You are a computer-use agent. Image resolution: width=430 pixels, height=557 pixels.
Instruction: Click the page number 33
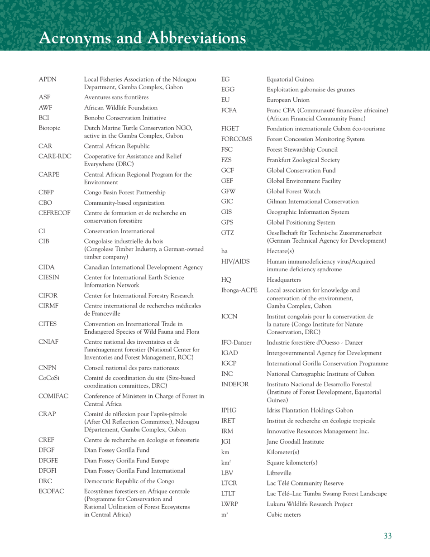pyautogui.click(x=387, y=536)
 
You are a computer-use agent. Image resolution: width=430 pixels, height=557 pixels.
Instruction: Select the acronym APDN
pyautogui.click(x=48, y=80)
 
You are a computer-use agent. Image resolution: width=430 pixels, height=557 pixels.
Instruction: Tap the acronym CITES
pyautogui.click(x=48, y=324)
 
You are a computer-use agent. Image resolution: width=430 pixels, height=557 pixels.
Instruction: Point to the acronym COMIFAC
pyautogui.click(x=53, y=396)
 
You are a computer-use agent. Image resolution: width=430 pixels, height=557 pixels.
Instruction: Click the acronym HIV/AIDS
pyautogui.click(x=235, y=261)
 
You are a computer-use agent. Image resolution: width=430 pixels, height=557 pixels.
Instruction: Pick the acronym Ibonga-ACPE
pyautogui.click(x=239, y=290)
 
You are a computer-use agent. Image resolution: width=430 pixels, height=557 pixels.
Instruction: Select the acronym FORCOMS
pyautogui.click(x=237, y=139)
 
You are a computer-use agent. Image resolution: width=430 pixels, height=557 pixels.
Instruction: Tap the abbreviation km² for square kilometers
pyautogui.click(x=226, y=462)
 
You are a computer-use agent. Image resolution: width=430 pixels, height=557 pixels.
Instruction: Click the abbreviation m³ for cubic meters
pyautogui.click(x=224, y=514)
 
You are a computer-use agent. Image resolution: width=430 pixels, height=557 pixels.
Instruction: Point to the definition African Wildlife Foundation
pyautogui.click(x=121, y=108)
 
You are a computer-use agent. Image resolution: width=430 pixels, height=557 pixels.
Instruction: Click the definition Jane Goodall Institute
pyautogui.click(x=295, y=442)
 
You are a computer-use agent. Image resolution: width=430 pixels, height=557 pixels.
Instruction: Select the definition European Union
pyautogui.click(x=288, y=100)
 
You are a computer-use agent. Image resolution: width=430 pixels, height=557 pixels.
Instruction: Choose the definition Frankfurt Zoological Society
pyautogui.click(x=303, y=160)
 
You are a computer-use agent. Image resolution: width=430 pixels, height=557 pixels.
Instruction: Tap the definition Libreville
pyautogui.click(x=282, y=473)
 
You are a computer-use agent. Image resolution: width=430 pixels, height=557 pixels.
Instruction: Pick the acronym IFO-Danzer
pyautogui.click(x=236, y=342)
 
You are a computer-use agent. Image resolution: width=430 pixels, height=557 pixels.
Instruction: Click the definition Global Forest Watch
pyautogui.click(x=293, y=191)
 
